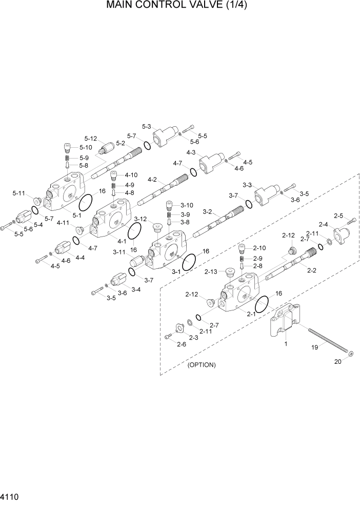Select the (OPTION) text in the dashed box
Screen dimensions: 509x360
(202, 365)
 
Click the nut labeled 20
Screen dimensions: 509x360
(350, 354)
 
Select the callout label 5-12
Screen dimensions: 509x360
(91, 139)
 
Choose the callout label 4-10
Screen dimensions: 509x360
(131, 175)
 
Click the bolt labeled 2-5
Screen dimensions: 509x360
(351, 221)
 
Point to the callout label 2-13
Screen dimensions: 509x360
(211, 271)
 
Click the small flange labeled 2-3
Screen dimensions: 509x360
(179, 328)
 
